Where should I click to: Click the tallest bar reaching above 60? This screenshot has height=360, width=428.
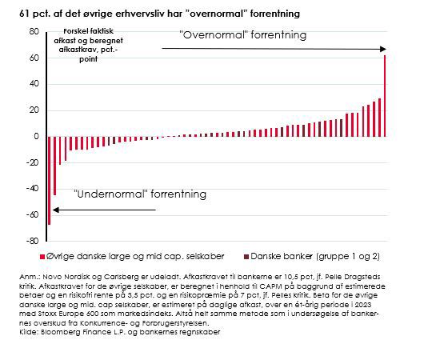(385, 96)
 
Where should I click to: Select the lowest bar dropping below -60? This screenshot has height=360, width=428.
(49, 181)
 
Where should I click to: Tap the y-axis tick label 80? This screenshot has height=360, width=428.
(34, 32)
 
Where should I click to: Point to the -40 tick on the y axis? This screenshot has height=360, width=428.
(32, 188)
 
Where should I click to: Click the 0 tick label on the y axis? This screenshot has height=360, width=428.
(36, 136)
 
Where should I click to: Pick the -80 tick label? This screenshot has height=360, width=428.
(32, 241)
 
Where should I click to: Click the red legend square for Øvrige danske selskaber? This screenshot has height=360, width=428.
(42, 257)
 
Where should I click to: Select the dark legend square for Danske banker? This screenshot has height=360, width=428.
(246, 257)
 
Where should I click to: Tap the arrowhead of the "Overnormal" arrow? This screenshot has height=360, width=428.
(383, 49)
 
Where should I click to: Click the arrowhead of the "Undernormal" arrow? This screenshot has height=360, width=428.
(56, 210)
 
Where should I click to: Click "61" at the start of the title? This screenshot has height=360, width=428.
(24, 14)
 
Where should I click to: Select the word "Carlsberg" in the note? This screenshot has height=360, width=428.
(118, 277)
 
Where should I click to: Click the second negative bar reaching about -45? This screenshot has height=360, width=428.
(55, 166)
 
